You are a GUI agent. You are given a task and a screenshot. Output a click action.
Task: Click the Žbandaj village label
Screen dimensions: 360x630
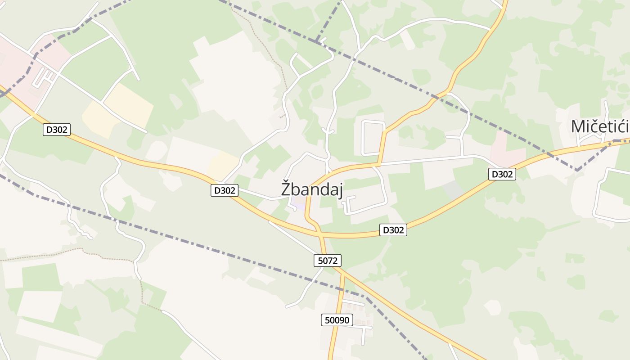coord(312,189)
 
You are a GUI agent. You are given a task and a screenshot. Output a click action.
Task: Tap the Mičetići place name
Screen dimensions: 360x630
coord(599,127)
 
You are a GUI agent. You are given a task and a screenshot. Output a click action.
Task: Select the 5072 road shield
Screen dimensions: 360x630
coord(327,260)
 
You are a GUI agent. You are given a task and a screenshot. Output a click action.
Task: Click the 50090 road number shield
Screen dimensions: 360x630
coord(337,320)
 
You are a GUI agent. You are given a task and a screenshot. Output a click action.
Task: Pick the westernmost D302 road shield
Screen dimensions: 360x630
coord(57,130)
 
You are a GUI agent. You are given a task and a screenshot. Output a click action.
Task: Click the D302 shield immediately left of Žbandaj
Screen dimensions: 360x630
coord(224,190)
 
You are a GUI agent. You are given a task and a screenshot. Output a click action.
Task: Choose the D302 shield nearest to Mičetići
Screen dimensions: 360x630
coord(502,174)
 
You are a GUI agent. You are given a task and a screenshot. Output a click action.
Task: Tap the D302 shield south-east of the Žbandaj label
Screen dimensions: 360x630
coord(393,230)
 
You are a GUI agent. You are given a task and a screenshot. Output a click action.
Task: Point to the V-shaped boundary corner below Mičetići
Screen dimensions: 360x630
coord(576,170)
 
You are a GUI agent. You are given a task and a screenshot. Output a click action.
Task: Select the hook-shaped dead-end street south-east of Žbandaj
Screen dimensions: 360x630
coord(349,205)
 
